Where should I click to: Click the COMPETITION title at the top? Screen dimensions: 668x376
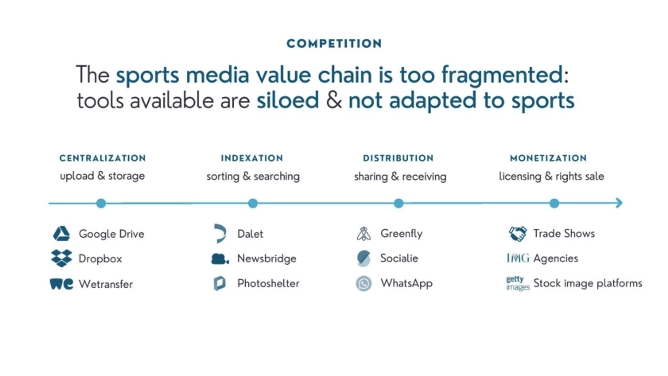tap(334, 43)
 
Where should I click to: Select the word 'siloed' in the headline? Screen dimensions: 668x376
tap(288, 100)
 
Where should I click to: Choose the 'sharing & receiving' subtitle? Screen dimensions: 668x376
tap(400, 177)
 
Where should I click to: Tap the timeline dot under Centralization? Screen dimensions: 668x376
tap(101, 203)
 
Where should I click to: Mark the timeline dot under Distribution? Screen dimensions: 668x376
tap(399, 203)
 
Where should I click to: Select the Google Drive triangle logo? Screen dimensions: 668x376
tap(61, 233)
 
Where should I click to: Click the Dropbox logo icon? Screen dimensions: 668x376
tap(61, 258)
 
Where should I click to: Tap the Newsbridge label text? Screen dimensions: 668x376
tap(267, 259)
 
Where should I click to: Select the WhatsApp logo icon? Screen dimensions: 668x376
tap(364, 284)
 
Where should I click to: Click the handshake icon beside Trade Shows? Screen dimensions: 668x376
tap(518, 234)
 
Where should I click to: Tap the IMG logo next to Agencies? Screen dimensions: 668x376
tap(518, 258)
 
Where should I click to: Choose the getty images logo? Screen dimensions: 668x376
tap(518, 283)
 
